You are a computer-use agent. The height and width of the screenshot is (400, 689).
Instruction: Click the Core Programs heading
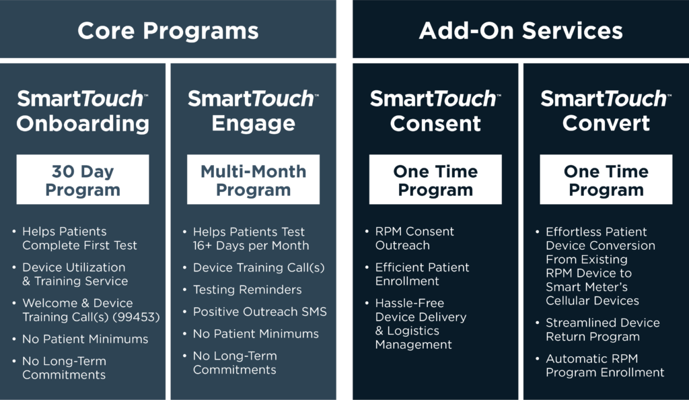click(168, 30)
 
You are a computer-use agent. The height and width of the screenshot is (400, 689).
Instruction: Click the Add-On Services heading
click(520, 30)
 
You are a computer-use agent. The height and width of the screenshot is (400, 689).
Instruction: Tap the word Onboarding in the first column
click(83, 123)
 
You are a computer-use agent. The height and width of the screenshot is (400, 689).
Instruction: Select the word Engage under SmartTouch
click(253, 123)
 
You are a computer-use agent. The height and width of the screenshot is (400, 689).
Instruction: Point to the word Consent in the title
click(435, 123)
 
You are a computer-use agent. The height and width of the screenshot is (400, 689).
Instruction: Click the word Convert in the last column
click(606, 123)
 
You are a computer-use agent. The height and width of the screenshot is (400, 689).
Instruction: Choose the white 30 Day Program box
click(83, 180)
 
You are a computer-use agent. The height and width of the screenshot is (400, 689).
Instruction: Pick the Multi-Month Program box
click(253, 180)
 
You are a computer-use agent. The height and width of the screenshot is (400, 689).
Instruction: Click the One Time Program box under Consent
click(435, 180)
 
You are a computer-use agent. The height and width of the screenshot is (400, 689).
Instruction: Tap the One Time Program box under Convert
click(606, 180)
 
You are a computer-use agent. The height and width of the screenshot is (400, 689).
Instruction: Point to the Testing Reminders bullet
click(247, 290)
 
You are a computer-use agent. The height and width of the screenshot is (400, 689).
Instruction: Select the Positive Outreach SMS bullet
click(260, 312)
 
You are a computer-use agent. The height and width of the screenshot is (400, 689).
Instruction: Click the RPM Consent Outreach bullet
click(414, 238)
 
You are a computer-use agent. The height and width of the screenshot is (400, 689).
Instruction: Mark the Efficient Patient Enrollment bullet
click(422, 274)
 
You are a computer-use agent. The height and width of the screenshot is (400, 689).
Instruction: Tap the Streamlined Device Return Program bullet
click(602, 330)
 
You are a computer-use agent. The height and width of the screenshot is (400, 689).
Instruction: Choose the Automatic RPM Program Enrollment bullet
click(604, 366)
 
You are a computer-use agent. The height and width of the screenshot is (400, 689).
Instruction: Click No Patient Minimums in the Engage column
click(256, 334)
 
